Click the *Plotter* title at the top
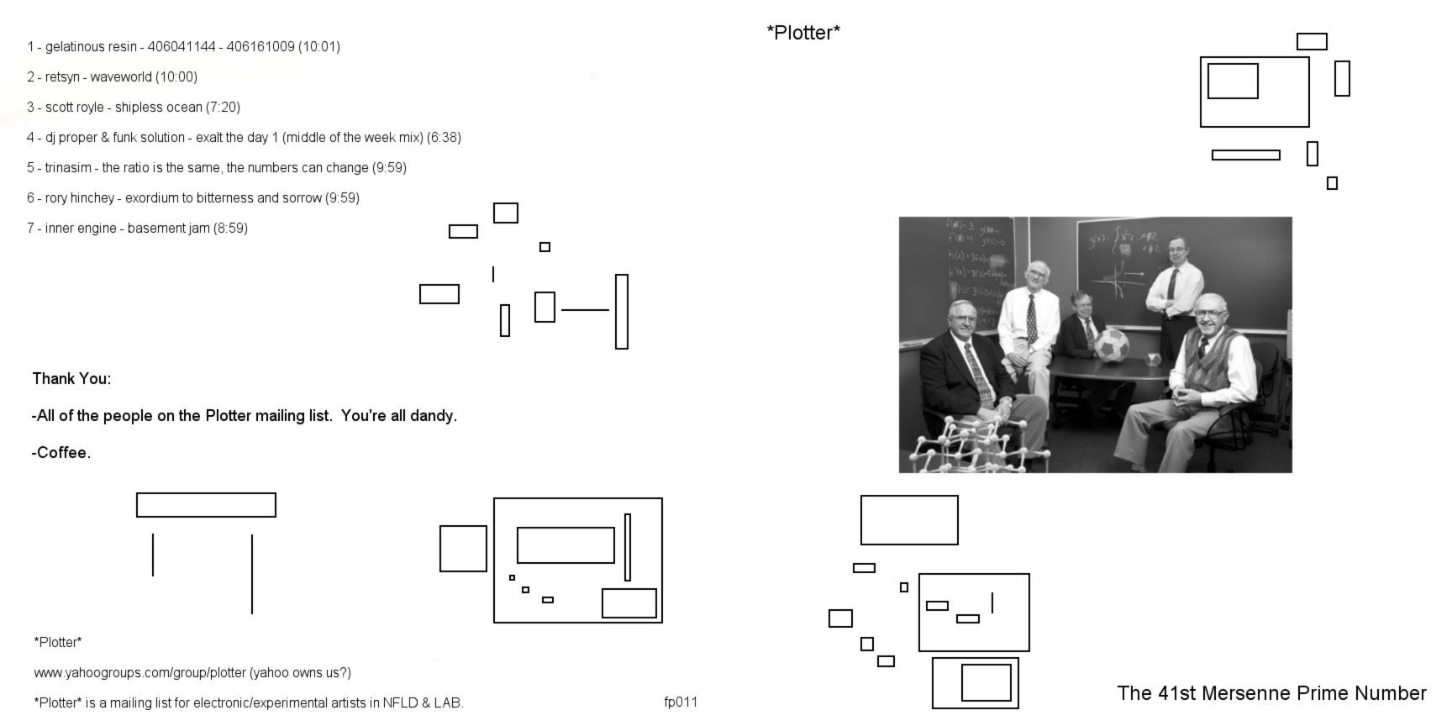click(803, 33)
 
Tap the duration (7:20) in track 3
click(223, 108)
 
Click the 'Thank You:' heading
click(71, 379)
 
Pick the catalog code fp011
click(681, 702)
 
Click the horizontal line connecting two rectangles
click(585, 310)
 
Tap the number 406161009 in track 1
click(260, 47)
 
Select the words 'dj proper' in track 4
click(71, 138)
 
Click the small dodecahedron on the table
click(1154, 360)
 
